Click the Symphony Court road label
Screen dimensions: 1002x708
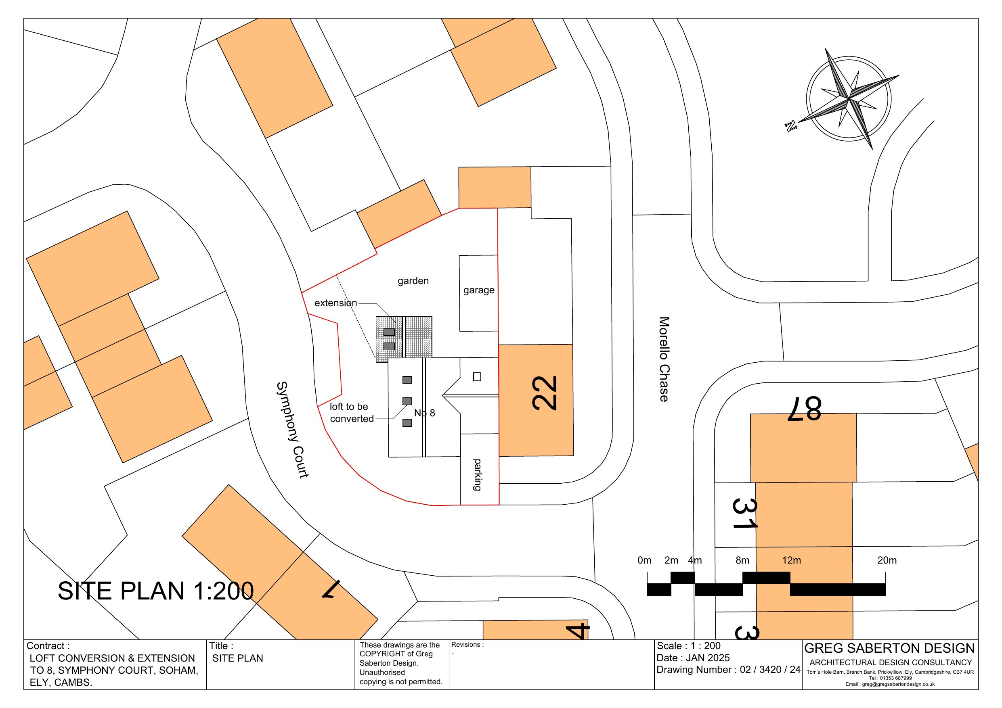coord(292,430)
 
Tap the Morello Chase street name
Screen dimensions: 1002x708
coord(664,359)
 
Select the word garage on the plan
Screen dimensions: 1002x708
coord(479,290)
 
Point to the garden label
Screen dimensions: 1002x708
coord(413,281)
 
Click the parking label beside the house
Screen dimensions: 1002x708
coord(478,474)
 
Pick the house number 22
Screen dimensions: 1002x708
coord(544,393)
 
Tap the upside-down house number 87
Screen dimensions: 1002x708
coord(804,409)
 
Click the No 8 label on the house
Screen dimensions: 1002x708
coord(424,413)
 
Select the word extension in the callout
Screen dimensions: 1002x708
coord(335,303)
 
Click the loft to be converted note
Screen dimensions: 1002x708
coord(351,413)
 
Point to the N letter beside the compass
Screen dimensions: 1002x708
coord(790,127)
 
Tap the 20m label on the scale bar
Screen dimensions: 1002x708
coord(887,560)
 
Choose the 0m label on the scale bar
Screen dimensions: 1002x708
coord(644,560)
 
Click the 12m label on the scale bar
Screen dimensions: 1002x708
coord(791,560)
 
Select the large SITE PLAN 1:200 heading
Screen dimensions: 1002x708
coord(156,591)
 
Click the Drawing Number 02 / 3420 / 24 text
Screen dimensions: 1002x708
coord(728,670)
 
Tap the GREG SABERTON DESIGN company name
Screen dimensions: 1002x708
coord(889,648)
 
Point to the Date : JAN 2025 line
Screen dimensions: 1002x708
coord(693,658)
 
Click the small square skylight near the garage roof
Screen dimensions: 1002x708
coord(477,376)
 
